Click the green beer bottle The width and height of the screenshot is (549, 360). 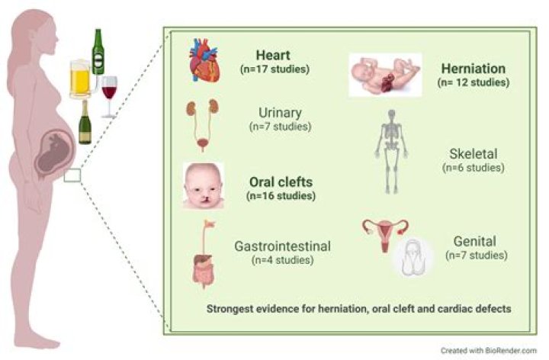(x=98, y=52)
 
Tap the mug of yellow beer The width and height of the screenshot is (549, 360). (x=81, y=79)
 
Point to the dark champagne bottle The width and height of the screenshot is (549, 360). (x=85, y=122)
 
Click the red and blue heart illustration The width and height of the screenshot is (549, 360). (x=204, y=60)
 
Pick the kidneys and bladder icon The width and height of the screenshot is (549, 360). (x=202, y=125)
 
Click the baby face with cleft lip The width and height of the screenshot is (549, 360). (x=204, y=186)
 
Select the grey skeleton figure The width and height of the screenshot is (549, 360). (x=391, y=152)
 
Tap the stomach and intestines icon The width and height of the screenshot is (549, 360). (x=204, y=255)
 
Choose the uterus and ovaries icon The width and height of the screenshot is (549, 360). (x=385, y=236)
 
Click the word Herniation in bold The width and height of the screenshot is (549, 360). (x=474, y=69)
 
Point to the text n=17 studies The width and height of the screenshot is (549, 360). (x=274, y=69)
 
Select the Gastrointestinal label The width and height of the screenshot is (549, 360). (x=283, y=246)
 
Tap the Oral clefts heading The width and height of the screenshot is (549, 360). (x=281, y=182)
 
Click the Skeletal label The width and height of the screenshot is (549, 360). (x=474, y=154)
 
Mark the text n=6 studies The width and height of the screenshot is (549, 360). (x=474, y=168)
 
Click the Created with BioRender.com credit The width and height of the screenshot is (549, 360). (x=489, y=350)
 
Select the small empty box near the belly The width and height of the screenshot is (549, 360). (x=72, y=175)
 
